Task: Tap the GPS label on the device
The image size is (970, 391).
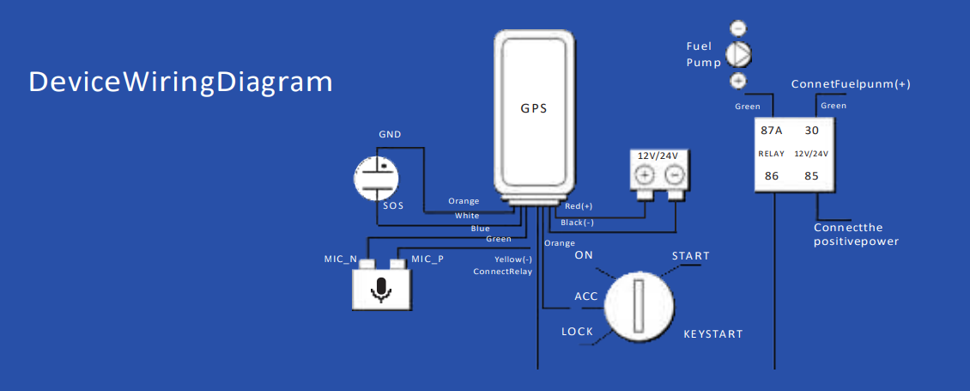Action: pyautogui.click(x=532, y=108)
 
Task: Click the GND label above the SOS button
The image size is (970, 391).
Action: pyautogui.click(x=390, y=134)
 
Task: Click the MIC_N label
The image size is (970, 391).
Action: pyautogui.click(x=340, y=259)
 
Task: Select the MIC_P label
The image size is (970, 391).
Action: pyautogui.click(x=427, y=259)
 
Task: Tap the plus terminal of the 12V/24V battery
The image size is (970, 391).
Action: pyautogui.click(x=645, y=175)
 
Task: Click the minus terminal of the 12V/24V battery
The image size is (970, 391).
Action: pyautogui.click(x=674, y=175)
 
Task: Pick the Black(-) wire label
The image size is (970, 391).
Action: pyautogui.click(x=577, y=223)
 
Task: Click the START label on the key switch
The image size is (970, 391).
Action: pyautogui.click(x=690, y=256)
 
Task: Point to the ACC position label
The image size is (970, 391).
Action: pyautogui.click(x=586, y=296)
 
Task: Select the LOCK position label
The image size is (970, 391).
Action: pyautogui.click(x=577, y=332)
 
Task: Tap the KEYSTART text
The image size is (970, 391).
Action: pyautogui.click(x=712, y=334)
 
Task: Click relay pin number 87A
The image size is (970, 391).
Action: pyautogui.click(x=772, y=131)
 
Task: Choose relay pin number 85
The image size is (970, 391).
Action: pyautogui.click(x=812, y=176)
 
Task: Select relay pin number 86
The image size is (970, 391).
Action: pyautogui.click(x=772, y=176)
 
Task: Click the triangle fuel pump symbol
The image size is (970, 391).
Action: pyautogui.click(x=737, y=54)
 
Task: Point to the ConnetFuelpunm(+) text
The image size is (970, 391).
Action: pyautogui.click(x=851, y=84)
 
